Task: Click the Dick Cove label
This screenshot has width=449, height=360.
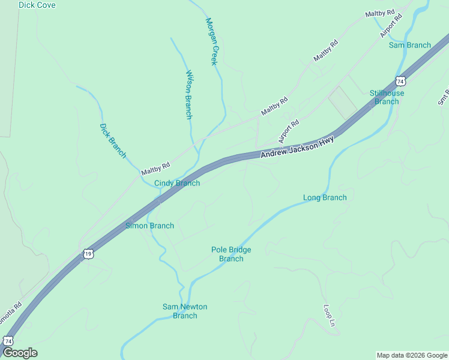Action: (37, 5)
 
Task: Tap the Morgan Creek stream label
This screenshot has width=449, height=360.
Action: (212, 41)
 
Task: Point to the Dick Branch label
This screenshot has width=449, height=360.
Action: (113, 140)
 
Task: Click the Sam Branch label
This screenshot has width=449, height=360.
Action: (410, 45)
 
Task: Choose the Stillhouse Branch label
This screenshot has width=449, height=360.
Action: (387, 97)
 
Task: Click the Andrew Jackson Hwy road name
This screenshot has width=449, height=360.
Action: (297, 147)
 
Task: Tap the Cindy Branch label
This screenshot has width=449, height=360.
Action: (177, 183)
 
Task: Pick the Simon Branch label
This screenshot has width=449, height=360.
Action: (149, 226)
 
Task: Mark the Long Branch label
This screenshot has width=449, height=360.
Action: (325, 197)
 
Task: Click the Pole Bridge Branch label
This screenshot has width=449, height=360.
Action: (231, 254)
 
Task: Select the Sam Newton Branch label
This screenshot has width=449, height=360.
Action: (185, 311)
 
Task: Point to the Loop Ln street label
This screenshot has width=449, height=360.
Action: (329, 316)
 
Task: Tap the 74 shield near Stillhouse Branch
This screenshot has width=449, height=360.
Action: (400, 80)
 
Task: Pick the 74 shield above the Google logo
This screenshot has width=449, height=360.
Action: (8, 340)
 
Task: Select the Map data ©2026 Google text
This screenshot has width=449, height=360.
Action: (411, 355)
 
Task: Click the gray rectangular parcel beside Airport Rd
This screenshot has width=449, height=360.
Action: (342, 102)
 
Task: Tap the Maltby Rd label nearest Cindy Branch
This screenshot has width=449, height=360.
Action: (156, 169)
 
